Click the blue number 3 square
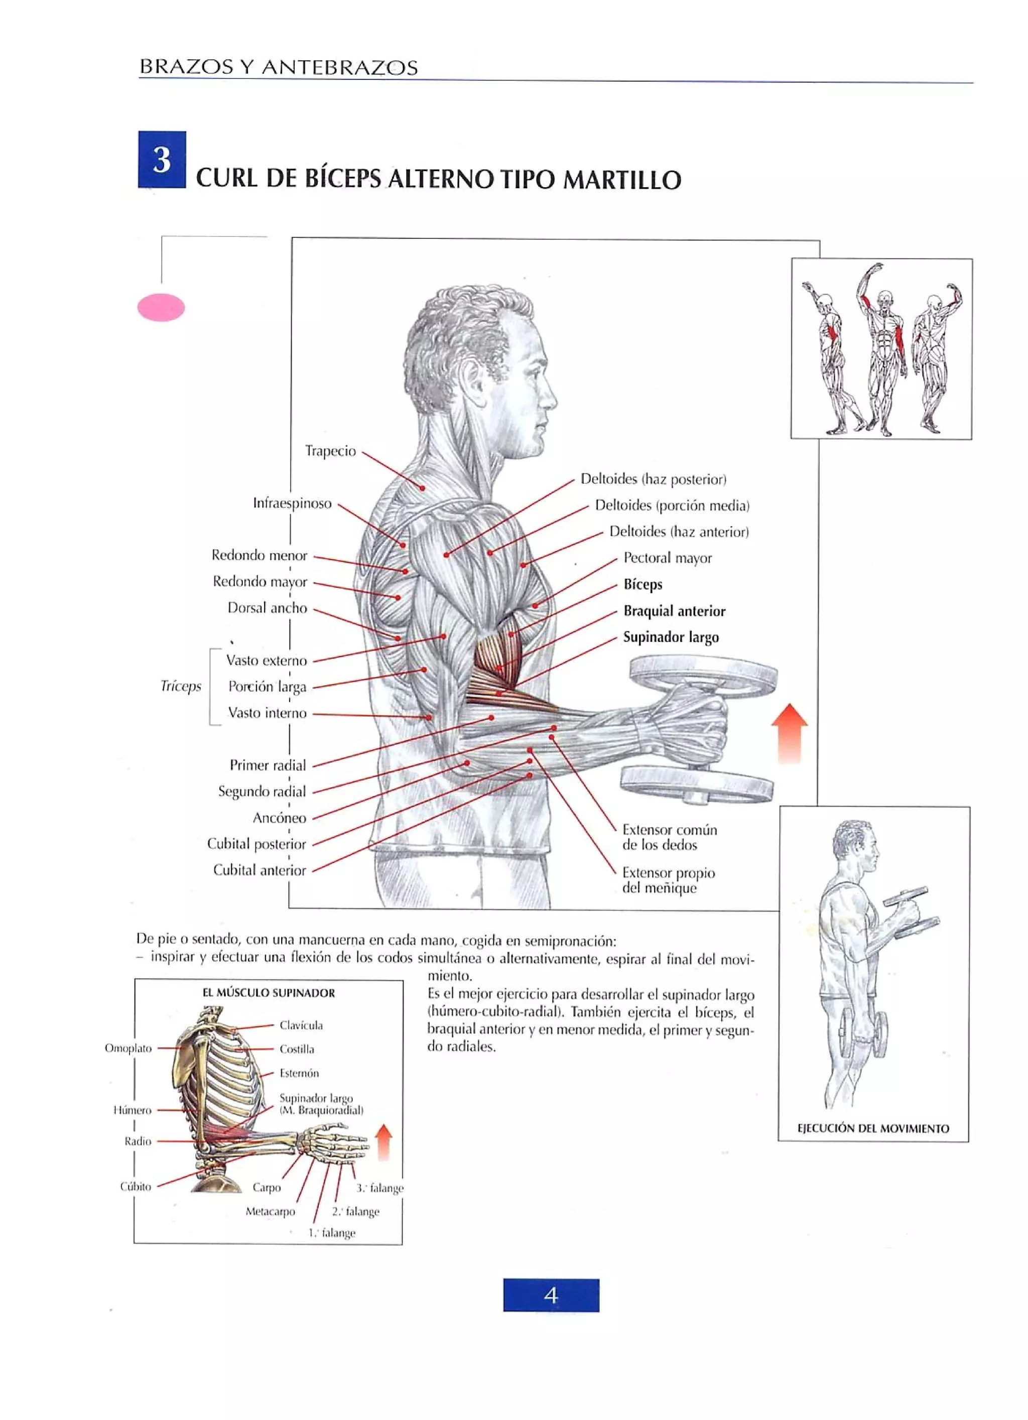tap(162, 159)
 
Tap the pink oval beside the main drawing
tap(161, 307)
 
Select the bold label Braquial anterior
tap(674, 611)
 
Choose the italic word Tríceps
tap(180, 686)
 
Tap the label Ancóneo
tap(279, 818)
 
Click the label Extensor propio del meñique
tap(668, 880)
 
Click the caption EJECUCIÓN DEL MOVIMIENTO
tap(873, 1128)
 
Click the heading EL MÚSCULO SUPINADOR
tap(269, 993)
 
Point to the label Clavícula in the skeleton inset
tap(301, 1025)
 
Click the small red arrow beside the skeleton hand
tap(383, 1141)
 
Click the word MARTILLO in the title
tap(622, 180)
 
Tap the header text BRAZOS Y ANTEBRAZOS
tap(279, 67)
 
